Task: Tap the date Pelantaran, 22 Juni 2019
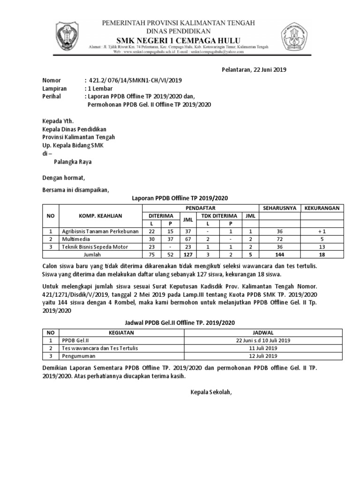[x=254, y=70]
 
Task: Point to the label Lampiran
[x=54, y=88]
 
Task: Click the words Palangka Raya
[x=72, y=162]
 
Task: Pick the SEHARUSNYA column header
[x=279, y=208]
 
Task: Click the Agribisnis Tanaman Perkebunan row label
[x=99, y=231]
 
